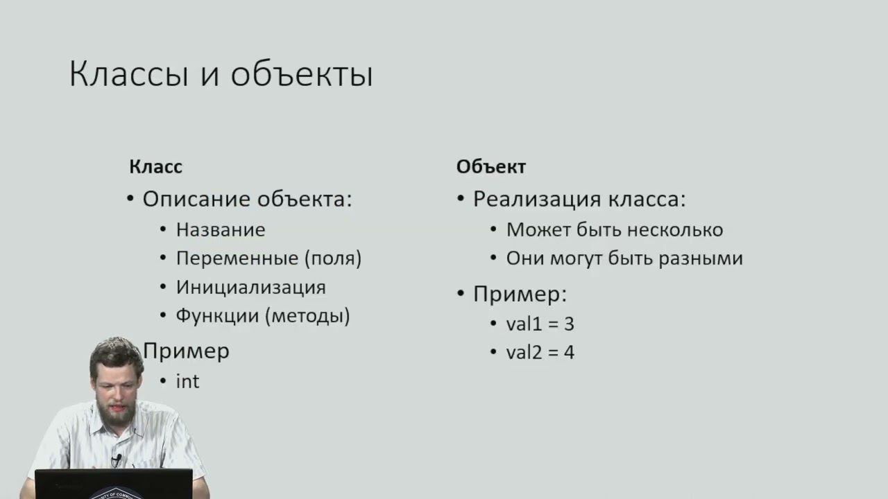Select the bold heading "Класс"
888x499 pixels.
tap(155, 167)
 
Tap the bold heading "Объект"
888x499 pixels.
tap(490, 167)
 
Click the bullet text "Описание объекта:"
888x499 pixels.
tap(247, 200)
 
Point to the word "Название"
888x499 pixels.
tap(221, 229)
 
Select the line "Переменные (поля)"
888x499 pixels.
tap(268, 259)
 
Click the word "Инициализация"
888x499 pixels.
tap(250, 287)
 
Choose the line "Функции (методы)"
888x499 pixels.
tap(262, 316)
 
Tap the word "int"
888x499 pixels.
tap(187, 381)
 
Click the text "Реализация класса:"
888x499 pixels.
tap(579, 200)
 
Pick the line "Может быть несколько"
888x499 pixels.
tap(614, 229)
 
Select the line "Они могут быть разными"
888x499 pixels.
tap(624, 259)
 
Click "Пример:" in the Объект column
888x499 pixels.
tap(520, 294)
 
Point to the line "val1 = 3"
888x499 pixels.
tap(540, 324)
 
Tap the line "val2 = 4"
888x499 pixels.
tap(540, 352)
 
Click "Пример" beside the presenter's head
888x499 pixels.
tap(187, 351)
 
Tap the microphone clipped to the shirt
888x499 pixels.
tap(117, 459)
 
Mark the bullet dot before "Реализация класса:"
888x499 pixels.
tap(461, 200)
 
